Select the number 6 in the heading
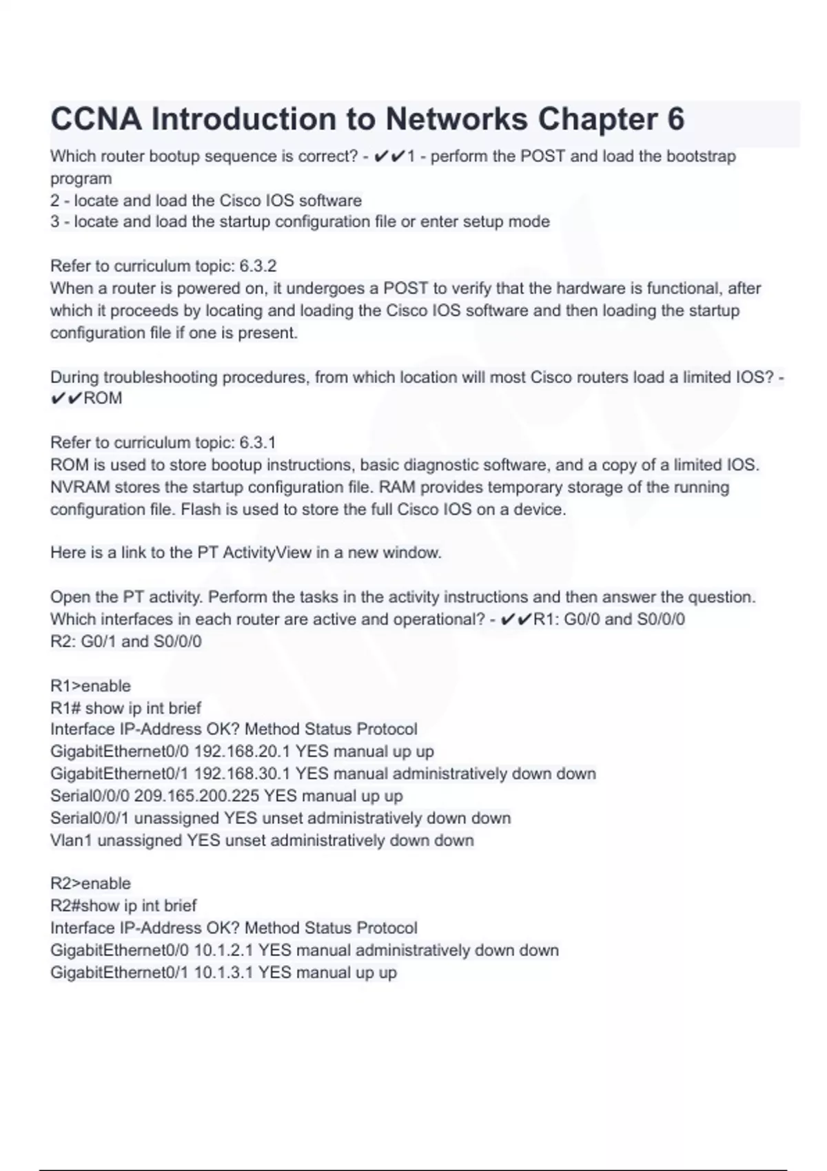(x=675, y=119)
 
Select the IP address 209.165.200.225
(x=196, y=796)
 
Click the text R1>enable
(x=90, y=686)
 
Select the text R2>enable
(x=90, y=884)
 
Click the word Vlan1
(x=71, y=840)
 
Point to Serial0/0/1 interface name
(x=90, y=818)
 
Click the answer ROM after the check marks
(x=103, y=398)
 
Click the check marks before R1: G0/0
(x=515, y=619)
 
